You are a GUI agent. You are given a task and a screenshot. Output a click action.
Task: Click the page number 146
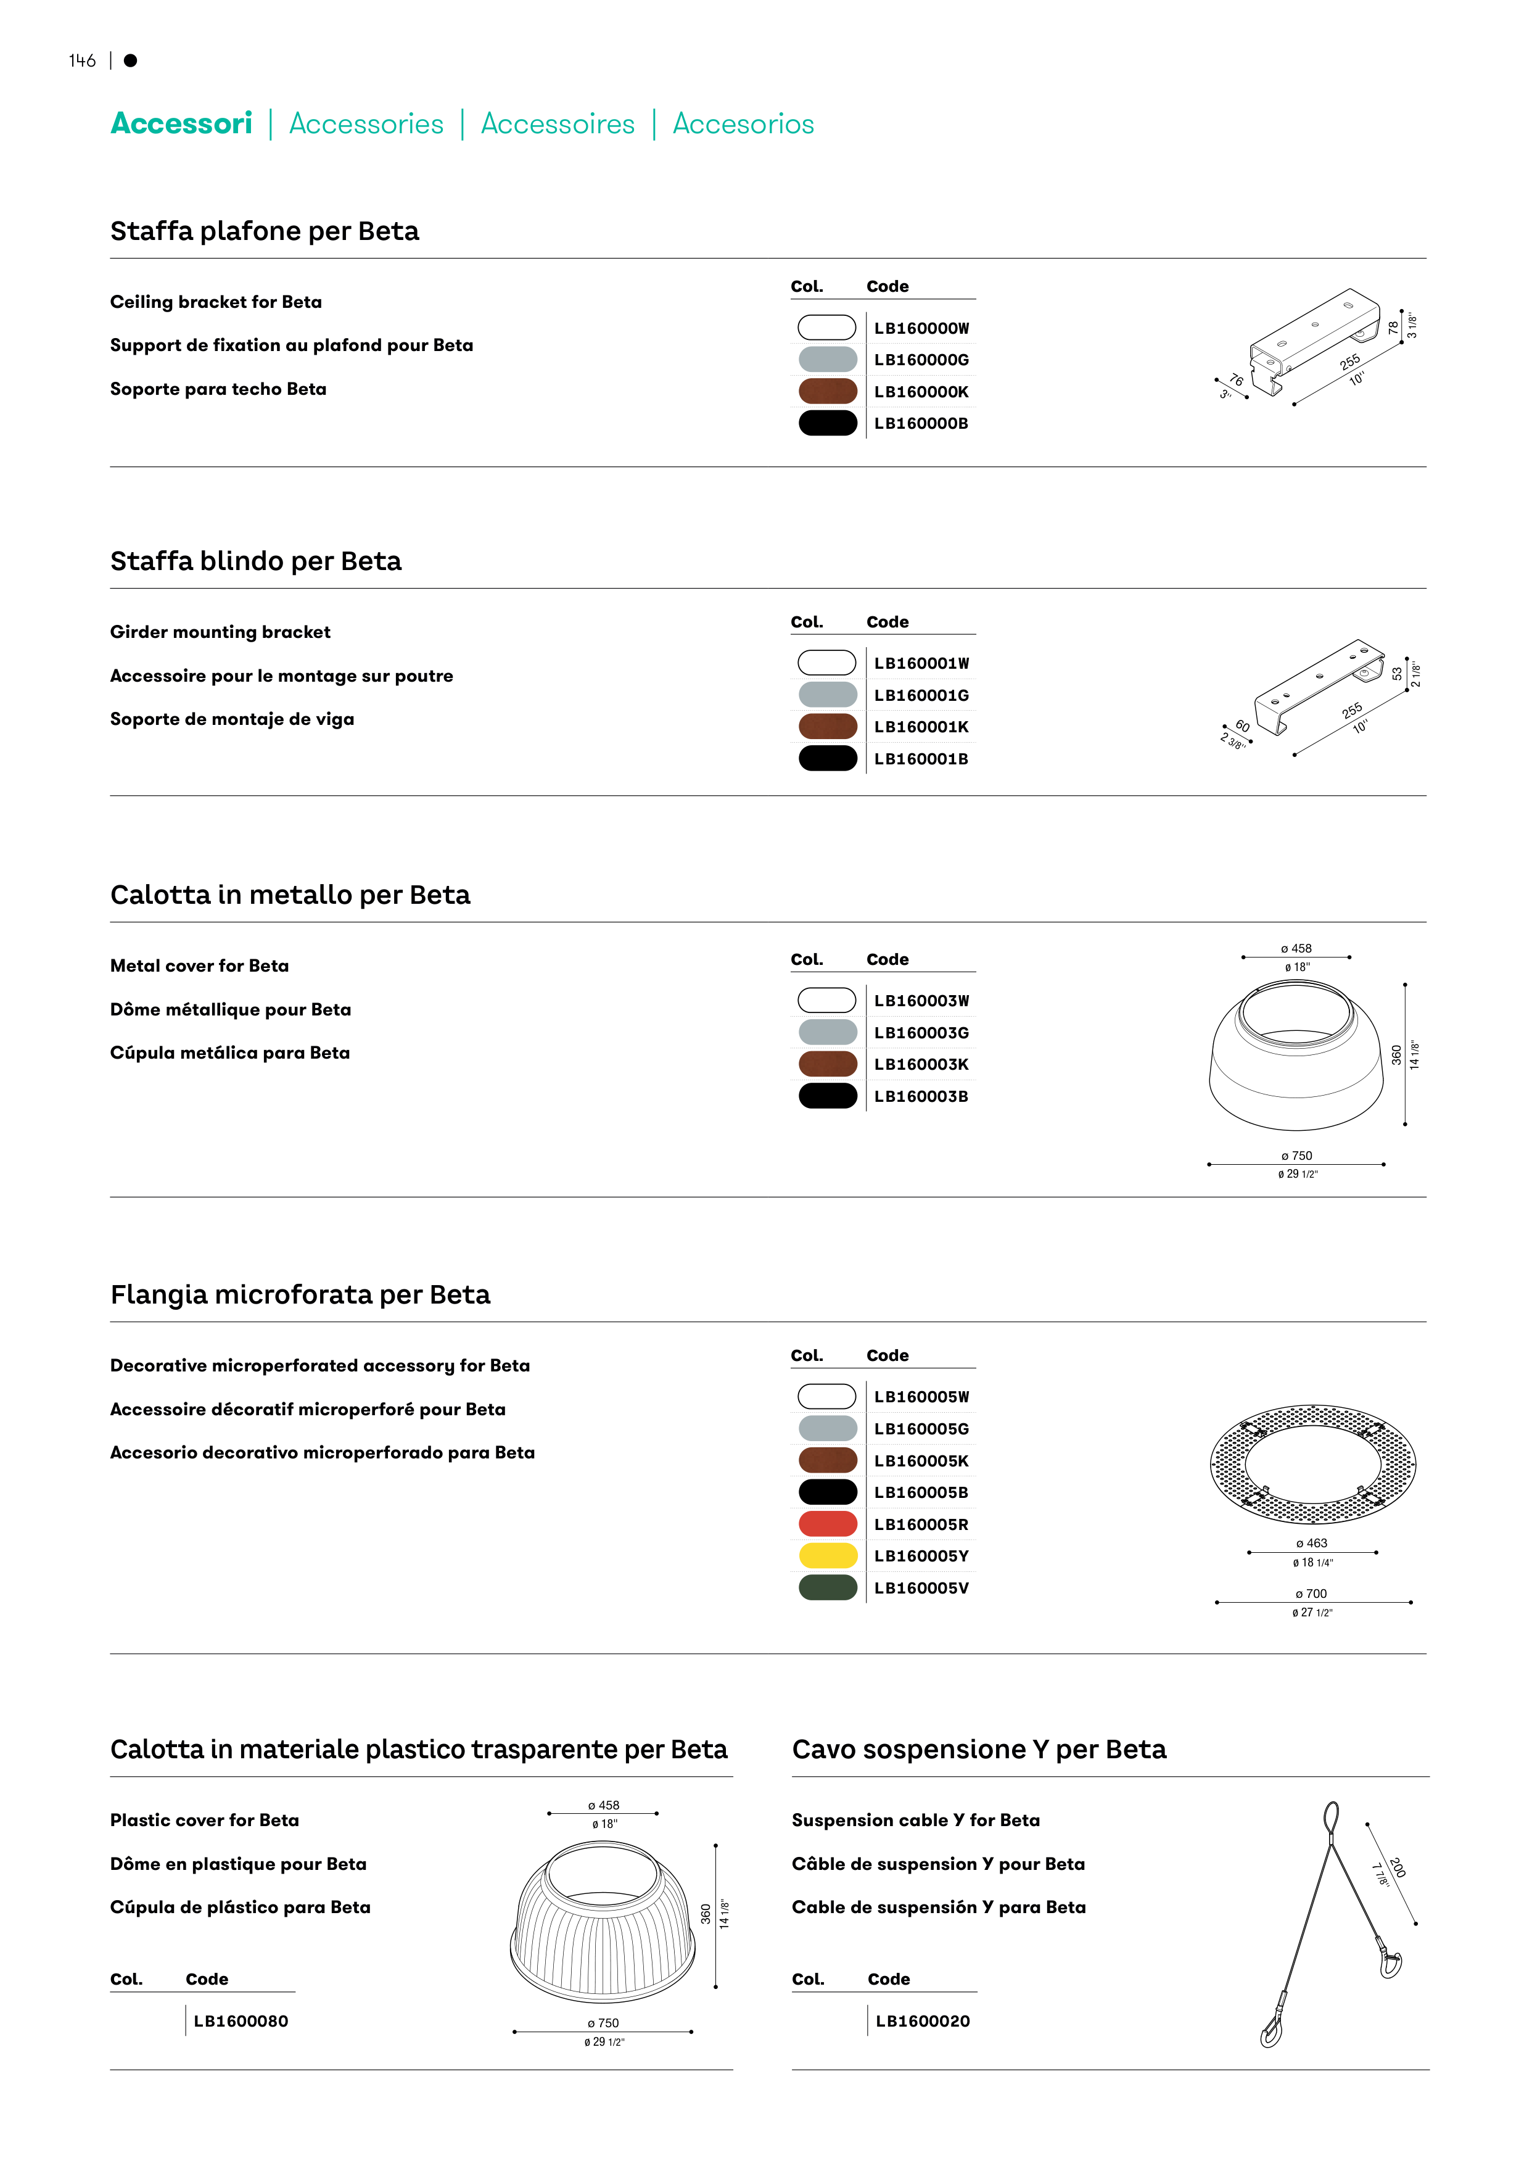click(x=83, y=60)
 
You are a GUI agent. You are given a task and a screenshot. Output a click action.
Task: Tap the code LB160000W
click(x=921, y=328)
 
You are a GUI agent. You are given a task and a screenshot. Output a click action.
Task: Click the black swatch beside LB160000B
click(x=828, y=423)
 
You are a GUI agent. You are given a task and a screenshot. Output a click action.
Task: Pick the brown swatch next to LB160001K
click(x=828, y=727)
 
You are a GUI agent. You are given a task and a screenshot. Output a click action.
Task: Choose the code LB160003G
click(x=921, y=1033)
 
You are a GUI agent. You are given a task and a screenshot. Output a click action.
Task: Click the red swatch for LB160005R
click(x=828, y=1524)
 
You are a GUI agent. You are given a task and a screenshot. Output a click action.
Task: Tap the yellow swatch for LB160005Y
click(x=828, y=1555)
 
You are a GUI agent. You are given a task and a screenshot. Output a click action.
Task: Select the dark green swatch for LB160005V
click(x=828, y=1588)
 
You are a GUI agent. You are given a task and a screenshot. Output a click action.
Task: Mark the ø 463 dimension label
click(x=1311, y=1543)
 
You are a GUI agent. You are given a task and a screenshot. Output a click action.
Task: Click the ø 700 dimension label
click(x=1311, y=1594)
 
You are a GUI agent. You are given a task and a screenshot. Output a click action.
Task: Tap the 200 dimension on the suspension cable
click(x=1398, y=1867)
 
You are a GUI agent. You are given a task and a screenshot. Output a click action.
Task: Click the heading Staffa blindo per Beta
click(x=256, y=561)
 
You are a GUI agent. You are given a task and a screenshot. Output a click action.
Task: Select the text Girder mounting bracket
click(x=220, y=632)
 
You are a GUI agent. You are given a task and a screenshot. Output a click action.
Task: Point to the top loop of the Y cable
click(x=1332, y=1816)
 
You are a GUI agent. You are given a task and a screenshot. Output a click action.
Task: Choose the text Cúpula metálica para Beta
click(x=229, y=1052)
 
